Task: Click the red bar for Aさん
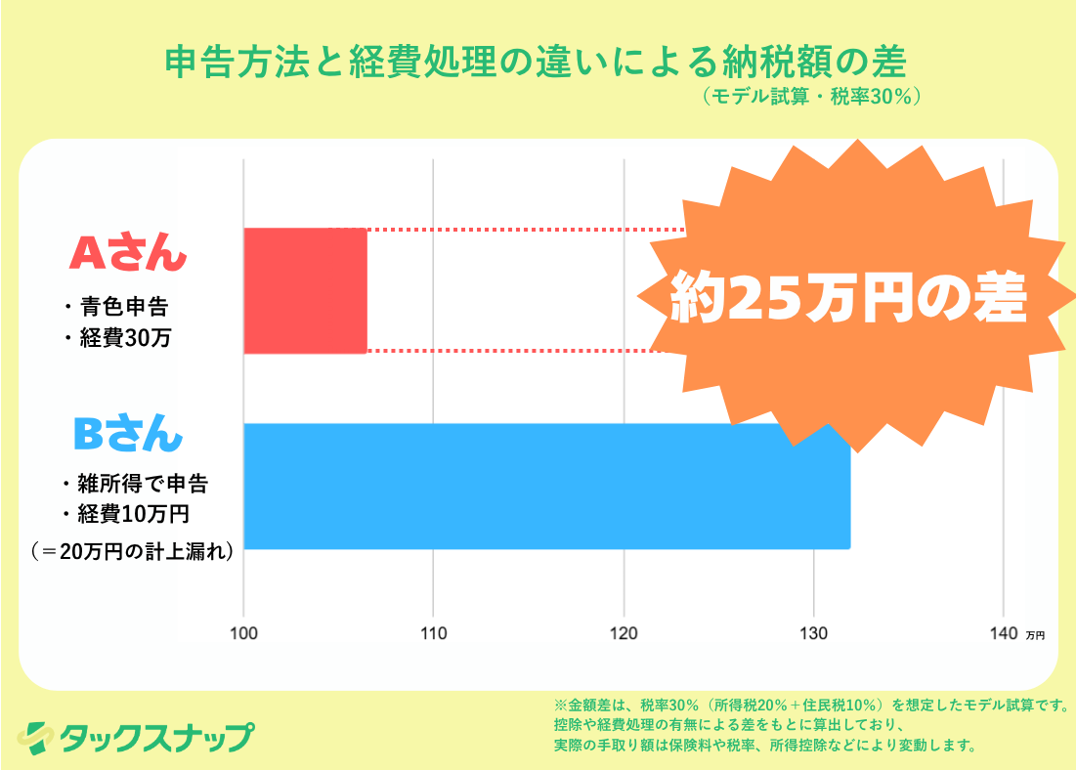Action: click(x=305, y=290)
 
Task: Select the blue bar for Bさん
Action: click(x=546, y=486)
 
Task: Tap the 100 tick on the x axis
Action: click(x=243, y=633)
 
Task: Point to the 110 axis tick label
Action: click(x=433, y=633)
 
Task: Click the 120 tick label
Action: click(x=624, y=633)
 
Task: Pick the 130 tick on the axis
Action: click(x=813, y=633)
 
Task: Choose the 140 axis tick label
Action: click(x=1003, y=633)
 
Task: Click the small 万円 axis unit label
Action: click(x=1035, y=635)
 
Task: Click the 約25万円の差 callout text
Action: click(x=848, y=298)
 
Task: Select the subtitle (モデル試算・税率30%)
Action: click(x=810, y=97)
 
